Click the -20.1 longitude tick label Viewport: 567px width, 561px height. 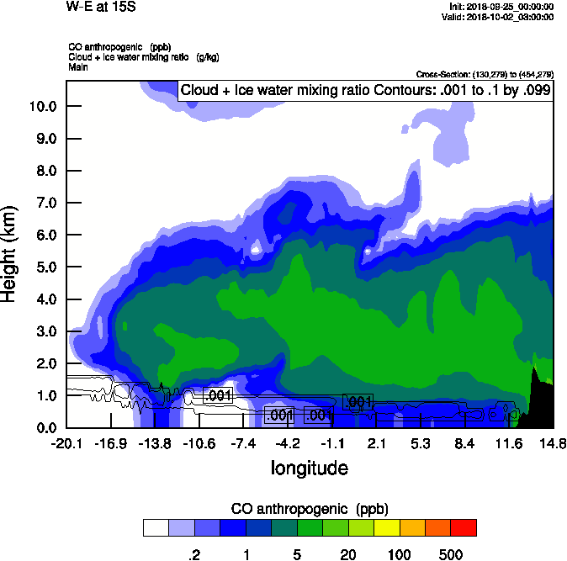pyautogui.click(x=66, y=442)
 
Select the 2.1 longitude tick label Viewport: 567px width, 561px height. pyautogui.click(x=376, y=442)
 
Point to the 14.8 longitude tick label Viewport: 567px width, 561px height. pyautogui.click(x=553, y=442)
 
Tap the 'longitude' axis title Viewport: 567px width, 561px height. pyautogui.click(x=309, y=468)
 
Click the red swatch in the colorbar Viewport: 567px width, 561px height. pyautogui.click(x=464, y=527)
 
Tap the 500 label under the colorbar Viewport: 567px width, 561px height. pyautogui.click(x=451, y=554)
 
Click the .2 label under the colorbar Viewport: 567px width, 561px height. pyautogui.click(x=193, y=554)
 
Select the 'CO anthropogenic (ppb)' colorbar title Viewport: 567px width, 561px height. pyautogui.click(x=309, y=509)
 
